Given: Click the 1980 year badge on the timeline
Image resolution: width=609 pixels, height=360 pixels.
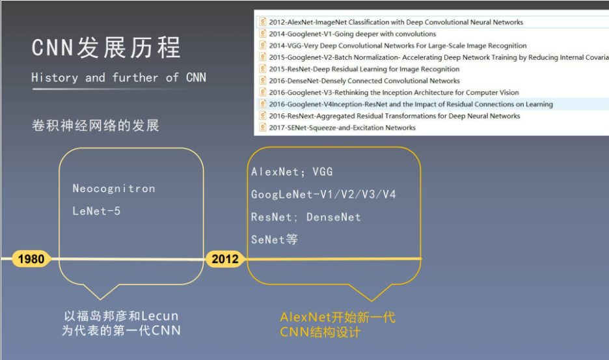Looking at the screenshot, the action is pyautogui.click(x=31, y=259).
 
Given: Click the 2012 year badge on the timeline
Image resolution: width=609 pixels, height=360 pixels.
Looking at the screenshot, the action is pyautogui.click(x=225, y=259).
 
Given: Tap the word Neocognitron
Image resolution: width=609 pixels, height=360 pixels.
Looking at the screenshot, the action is pyautogui.click(x=114, y=189).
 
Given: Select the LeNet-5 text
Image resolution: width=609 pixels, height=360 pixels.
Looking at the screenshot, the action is pyautogui.click(x=96, y=211).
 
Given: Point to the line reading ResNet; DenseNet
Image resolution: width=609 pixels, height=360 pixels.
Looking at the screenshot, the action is pyautogui.click(x=306, y=217).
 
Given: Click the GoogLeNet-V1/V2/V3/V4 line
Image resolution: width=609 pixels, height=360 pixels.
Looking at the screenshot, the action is pyautogui.click(x=323, y=194).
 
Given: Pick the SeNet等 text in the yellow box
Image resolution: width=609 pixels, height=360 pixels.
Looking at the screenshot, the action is pyautogui.click(x=275, y=240).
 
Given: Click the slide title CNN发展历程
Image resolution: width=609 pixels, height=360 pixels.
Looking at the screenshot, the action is pyautogui.click(x=106, y=48).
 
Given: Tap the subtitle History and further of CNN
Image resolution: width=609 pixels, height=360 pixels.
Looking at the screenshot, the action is pyautogui.click(x=118, y=77).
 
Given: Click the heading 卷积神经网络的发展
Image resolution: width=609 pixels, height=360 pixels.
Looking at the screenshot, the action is pyautogui.click(x=95, y=125).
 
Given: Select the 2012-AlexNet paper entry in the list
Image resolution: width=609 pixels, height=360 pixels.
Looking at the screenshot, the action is pyautogui.click(x=396, y=22).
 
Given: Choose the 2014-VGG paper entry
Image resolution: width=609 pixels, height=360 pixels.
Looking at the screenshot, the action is pyautogui.click(x=398, y=46).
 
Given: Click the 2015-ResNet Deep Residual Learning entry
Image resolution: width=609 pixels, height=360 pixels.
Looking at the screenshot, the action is pyautogui.click(x=364, y=69).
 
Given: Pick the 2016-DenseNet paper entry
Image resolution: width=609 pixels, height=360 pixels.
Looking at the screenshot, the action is pyautogui.click(x=364, y=81).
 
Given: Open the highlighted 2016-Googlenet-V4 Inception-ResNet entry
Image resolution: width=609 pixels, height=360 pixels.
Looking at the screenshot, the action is pyautogui.click(x=411, y=104).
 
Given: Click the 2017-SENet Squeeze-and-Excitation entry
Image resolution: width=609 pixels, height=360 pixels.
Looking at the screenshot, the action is pyautogui.click(x=342, y=128).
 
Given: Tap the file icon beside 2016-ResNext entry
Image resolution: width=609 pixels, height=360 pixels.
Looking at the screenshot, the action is pyautogui.click(x=262, y=116).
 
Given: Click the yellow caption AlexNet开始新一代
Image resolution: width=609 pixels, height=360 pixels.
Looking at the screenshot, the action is pyautogui.click(x=338, y=318).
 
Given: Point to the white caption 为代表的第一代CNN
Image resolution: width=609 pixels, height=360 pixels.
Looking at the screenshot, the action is pyautogui.click(x=121, y=330).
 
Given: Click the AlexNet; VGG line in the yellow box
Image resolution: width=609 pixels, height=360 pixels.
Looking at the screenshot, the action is pyautogui.click(x=292, y=172).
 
